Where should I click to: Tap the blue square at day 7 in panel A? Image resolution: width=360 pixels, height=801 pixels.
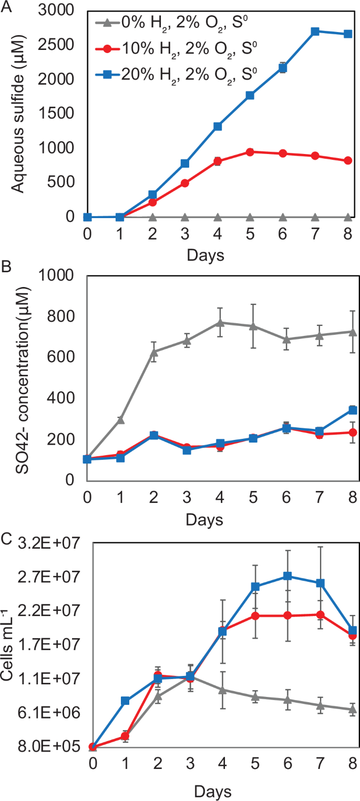pos(315,32)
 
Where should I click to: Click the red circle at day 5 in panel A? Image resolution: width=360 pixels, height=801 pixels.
pos(250,152)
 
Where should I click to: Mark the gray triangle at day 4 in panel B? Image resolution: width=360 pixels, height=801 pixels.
pos(221,322)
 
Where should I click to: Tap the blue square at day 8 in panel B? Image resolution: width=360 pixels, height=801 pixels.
pos(353,410)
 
